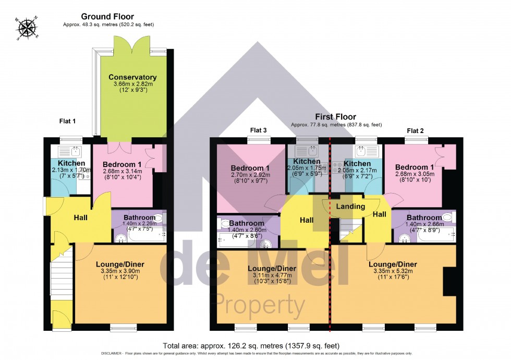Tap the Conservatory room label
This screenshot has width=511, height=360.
[132, 77]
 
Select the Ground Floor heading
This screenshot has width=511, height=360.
[107, 17]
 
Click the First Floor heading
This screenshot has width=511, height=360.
[335, 117]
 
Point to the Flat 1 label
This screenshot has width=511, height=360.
[67, 121]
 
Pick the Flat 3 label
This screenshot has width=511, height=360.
[259, 130]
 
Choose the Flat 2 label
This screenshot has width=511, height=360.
[416, 130]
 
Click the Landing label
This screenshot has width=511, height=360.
[350, 207]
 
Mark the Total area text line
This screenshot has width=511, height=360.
[251, 345]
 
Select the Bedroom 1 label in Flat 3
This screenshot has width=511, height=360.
[250, 168]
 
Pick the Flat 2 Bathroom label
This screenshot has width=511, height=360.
[423, 218]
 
